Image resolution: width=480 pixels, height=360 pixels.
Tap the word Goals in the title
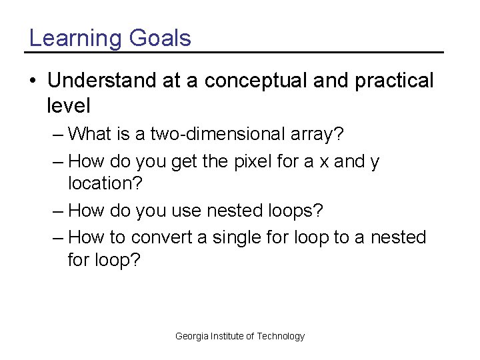pyautogui.click(x=160, y=38)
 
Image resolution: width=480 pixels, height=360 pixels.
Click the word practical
pyautogui.click(x=394, y=81)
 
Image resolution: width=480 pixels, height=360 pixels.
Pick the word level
pyautogui.click(x=69, y=105)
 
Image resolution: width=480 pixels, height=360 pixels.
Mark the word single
pyautogui.click(x=243, y=237)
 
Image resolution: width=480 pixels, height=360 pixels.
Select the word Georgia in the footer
pyautogui.click(x=191, y=337)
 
